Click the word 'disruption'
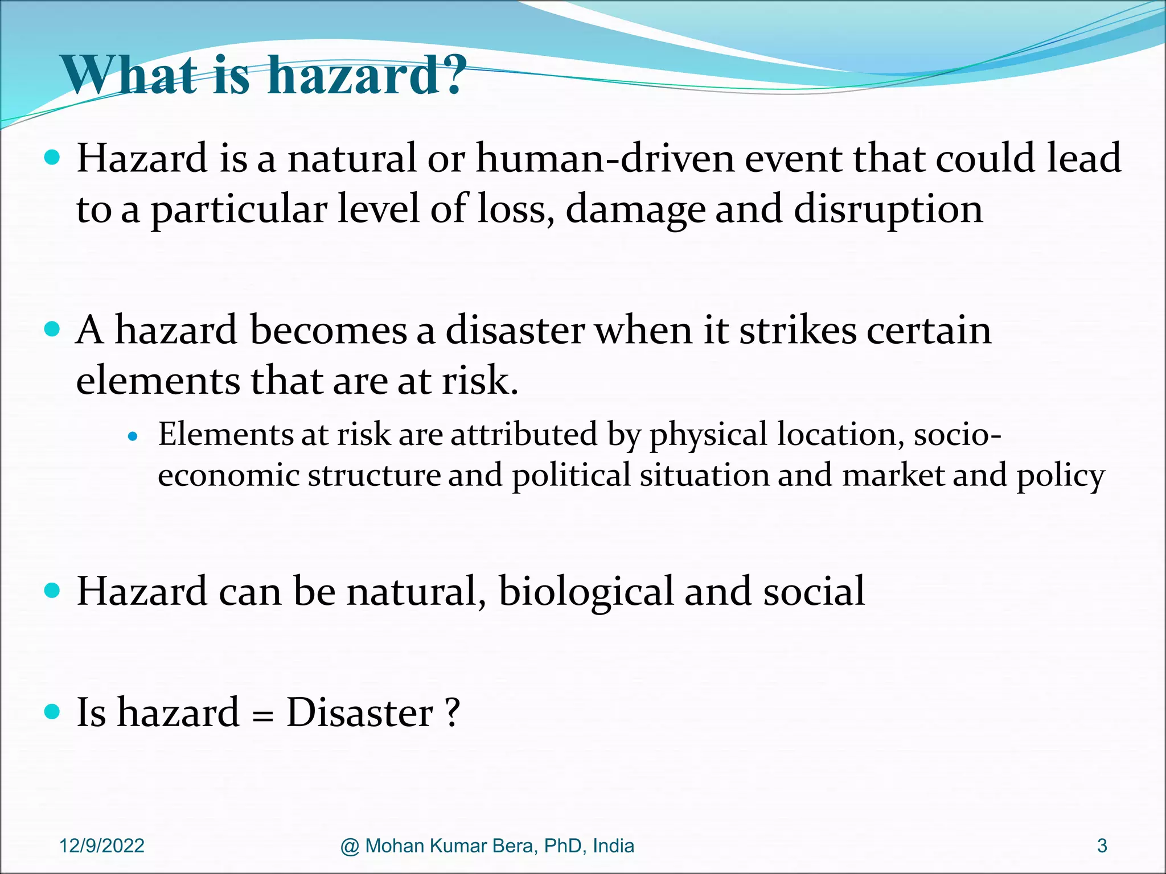(888, 209)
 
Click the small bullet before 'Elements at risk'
(133, 437)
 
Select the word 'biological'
(586, 591)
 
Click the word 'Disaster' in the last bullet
(360, 712)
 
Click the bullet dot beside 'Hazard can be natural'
(52, 591)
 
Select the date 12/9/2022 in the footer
(102, 846)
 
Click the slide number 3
(1102, 846)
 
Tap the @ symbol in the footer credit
(350, 846)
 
